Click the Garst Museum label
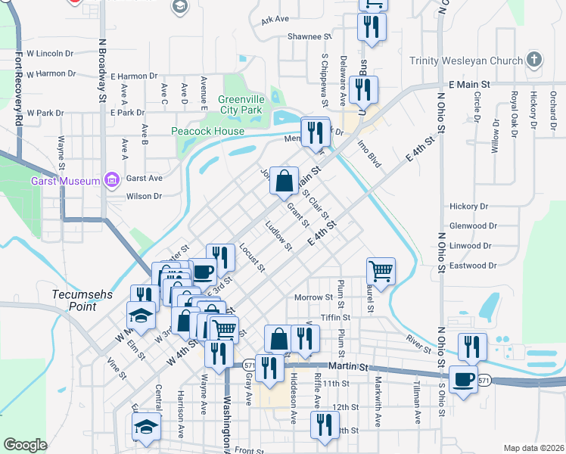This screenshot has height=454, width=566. [x=64, y=181]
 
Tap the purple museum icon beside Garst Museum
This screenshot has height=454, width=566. [x=112, y=179]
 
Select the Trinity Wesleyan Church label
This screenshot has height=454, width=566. [x=465, y=61]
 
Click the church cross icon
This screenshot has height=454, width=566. [x=534, y=59]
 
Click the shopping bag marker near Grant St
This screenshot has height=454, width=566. [x=284, y=181]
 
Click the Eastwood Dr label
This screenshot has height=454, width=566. [x=472, y=266]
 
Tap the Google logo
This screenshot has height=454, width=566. [x=25, y=444]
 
